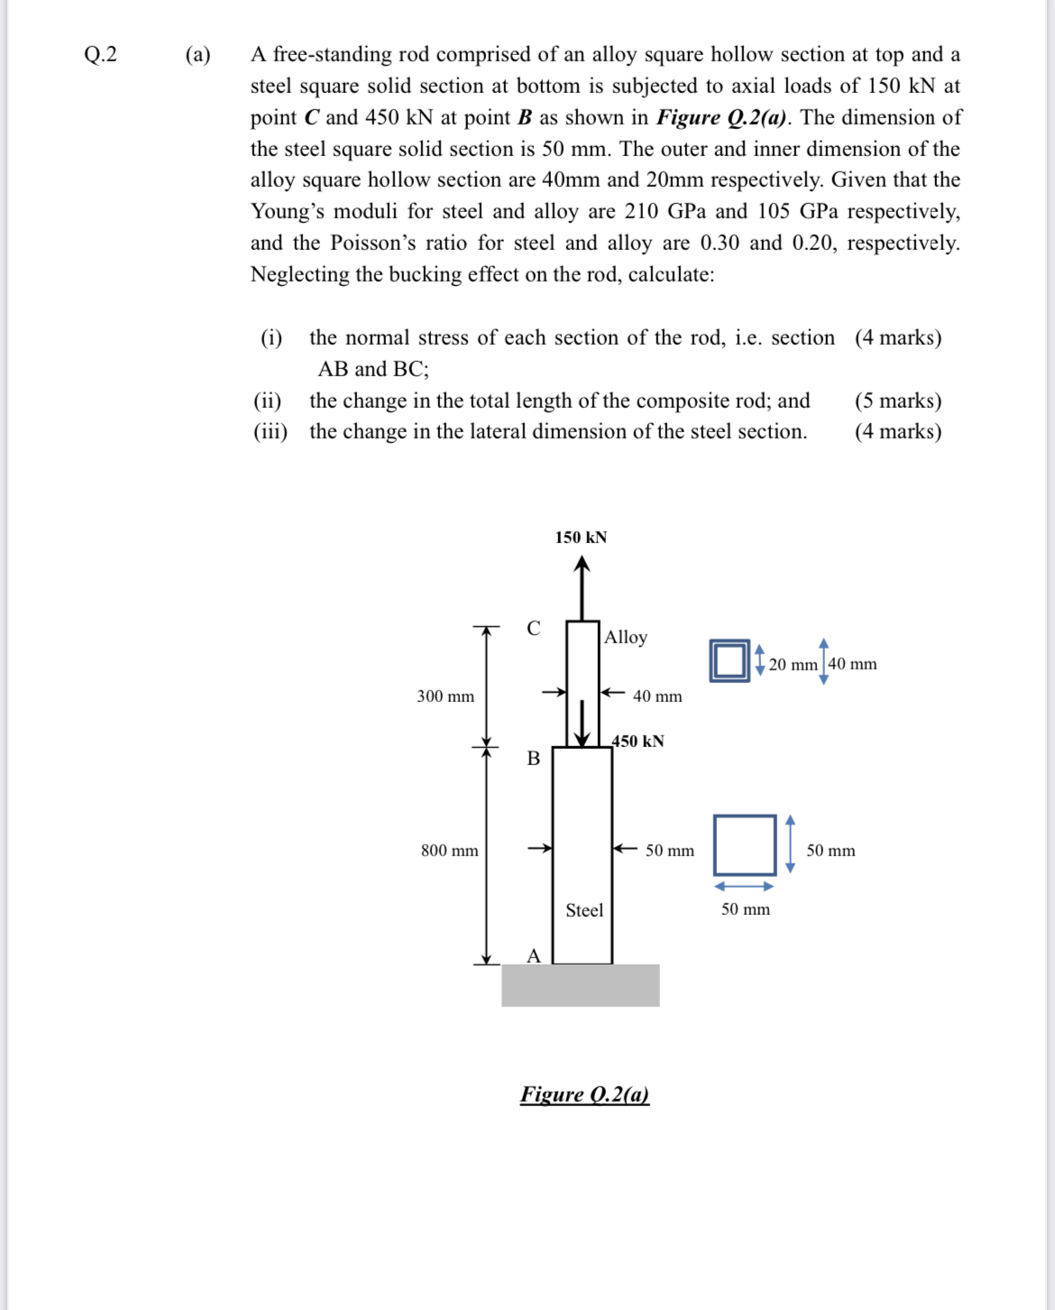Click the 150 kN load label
tap(581, 538)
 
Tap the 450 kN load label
tap(638, 741)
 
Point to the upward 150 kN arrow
tap(583, 586)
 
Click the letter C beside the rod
tap(534, 629)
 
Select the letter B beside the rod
tap(534, 759)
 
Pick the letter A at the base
tap(534, 956)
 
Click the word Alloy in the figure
tap(626, 637)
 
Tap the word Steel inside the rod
tap(584, 910)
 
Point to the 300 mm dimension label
tap(445, 697)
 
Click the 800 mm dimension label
tap(450, 851)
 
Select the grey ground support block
tap(581, 985)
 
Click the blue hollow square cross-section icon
tap(729, 660)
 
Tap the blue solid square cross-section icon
tap(745, 845)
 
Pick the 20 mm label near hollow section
tap(793, 665)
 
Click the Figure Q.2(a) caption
tap(584, 1094)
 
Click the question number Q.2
tap(100, 54)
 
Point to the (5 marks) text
tap(898, 401)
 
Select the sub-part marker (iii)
tap(271, 431)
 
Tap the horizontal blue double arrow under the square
tap(745, 887)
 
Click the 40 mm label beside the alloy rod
tap(657, 697)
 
